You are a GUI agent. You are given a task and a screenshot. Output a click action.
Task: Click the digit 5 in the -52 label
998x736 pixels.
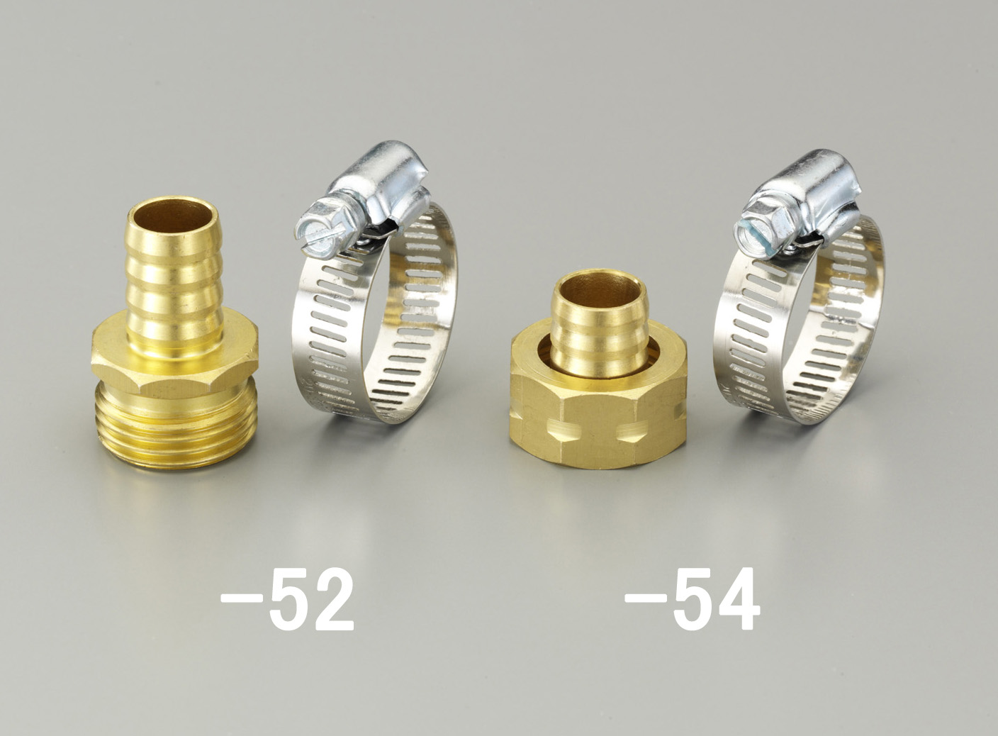tap(290, 599)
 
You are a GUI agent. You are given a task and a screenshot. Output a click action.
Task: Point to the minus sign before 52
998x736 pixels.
tap(242, 598)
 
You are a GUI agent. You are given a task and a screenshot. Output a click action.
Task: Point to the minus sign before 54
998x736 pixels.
tap(646, 598)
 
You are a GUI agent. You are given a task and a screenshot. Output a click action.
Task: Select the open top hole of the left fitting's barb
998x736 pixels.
tap(172, 216)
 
